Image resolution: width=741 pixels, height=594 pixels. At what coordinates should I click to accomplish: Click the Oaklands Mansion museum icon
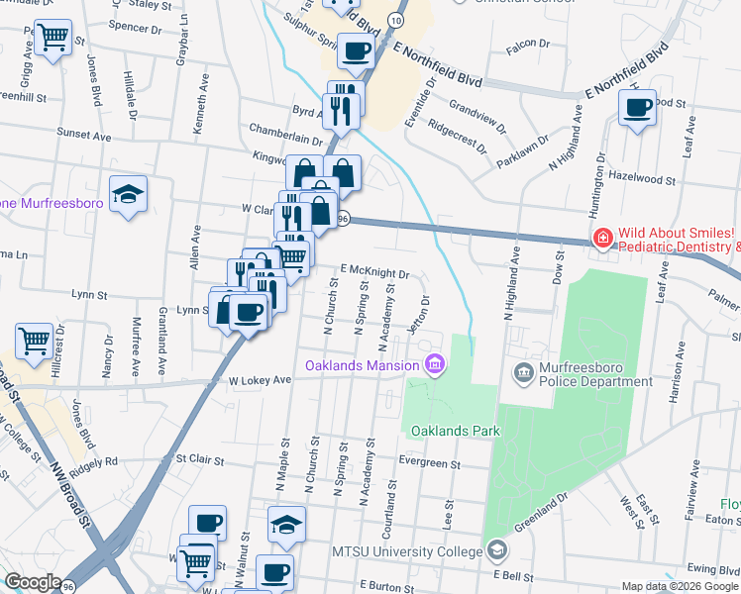point(434,366)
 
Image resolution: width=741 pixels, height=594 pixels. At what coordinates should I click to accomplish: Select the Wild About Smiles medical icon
point(601,238)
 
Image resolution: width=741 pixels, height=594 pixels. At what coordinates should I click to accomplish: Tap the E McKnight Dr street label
point(375,270)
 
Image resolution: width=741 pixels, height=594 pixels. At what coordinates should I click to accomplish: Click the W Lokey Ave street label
point(260,380)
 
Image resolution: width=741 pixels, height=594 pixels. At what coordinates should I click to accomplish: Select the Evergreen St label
point(430,462)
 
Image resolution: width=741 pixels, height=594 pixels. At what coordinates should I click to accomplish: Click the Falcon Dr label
point(527,44)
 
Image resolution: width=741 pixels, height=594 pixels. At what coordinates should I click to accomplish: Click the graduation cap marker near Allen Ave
point(129,194)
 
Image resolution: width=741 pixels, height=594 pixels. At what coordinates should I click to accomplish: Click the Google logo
point(33,582)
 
